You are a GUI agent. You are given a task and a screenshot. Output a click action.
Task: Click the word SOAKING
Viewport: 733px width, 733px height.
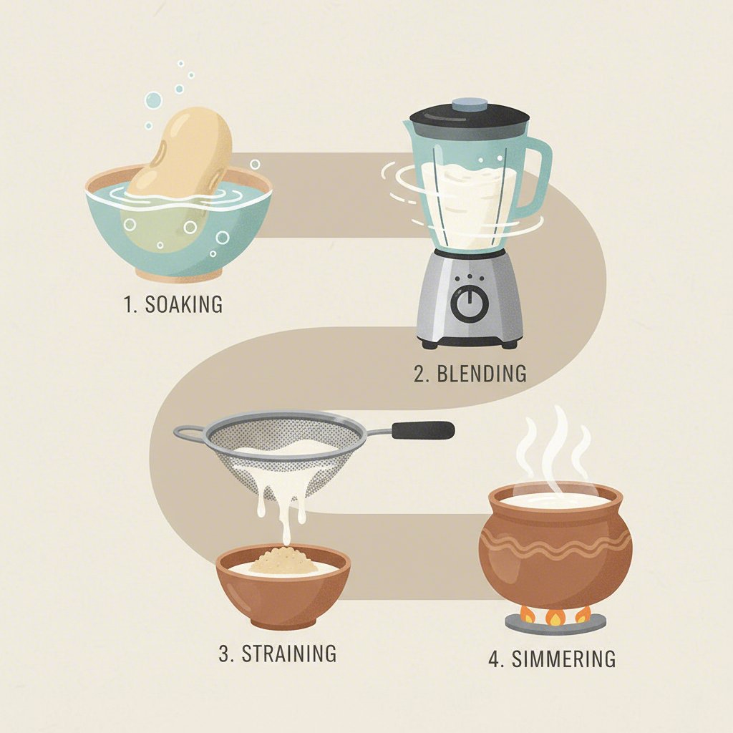point(183,304)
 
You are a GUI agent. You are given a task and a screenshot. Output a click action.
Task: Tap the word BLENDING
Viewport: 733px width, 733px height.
point(480,373)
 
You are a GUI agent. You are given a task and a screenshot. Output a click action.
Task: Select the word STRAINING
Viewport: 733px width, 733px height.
point(288,653)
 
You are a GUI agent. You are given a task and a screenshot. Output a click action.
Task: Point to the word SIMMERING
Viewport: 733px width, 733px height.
point(563,658)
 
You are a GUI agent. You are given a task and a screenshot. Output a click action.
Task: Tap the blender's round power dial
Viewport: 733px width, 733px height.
point(470,305)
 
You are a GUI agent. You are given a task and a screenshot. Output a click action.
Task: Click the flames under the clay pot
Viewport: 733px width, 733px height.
point(555,614)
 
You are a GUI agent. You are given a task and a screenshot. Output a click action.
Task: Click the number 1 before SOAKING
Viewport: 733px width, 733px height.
point(127,304)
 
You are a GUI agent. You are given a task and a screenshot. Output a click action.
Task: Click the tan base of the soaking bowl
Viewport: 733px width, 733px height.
point(179,276)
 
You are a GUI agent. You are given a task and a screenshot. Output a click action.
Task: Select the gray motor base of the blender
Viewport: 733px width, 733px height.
point(470,301)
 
